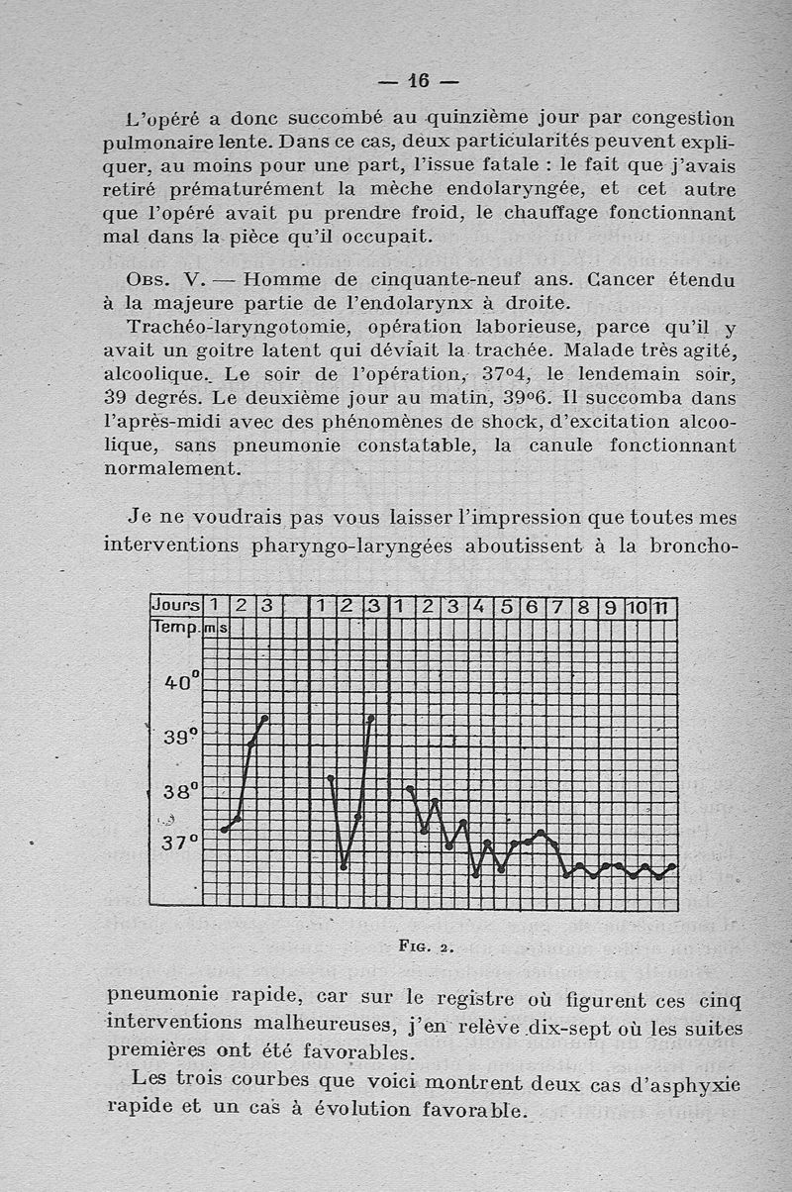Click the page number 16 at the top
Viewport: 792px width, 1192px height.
418,80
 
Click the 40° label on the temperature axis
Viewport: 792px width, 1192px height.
182,682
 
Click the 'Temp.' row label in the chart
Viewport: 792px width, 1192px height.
176,627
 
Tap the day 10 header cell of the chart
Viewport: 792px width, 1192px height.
638,607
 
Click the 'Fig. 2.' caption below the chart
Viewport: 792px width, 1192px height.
426,945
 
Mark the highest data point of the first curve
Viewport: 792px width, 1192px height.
264,718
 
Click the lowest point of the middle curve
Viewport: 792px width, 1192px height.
344,867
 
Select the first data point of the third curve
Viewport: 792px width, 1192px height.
410,789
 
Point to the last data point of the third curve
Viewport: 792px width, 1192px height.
673,867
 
